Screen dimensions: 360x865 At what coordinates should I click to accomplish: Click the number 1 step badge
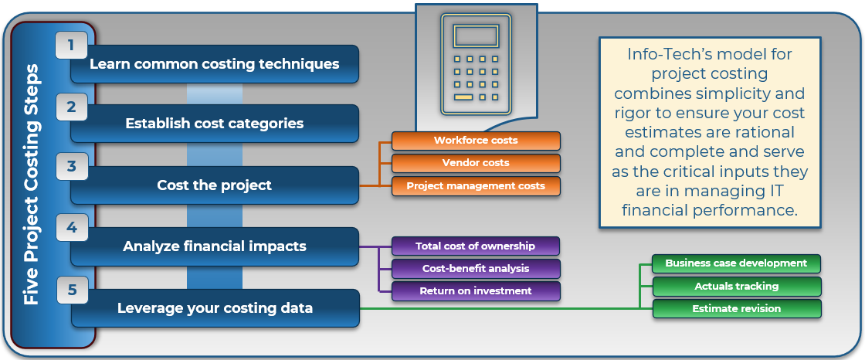pyautogui.click(x=71, y=46)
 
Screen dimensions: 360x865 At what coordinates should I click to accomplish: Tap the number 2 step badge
pyautogui.click(x=71, y=107)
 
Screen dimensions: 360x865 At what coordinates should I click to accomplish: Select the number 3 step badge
pyautogui.click(x=71, y=166)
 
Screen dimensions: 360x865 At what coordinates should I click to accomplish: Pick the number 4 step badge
pyautogui.click(x=71, y=228)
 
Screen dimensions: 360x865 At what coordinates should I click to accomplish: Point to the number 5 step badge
pyautogui.click(x=71, y=290)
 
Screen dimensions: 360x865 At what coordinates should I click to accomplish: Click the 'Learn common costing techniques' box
pyautogui.click(x=215, y=64)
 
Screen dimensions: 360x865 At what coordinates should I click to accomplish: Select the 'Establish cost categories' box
pyautogui.click(x=215, y=124)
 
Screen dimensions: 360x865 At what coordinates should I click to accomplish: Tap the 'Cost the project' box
pyautogui.click(x=215, y=185)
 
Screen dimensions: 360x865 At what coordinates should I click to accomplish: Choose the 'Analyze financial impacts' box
pyautogui.click(x=215, y=246)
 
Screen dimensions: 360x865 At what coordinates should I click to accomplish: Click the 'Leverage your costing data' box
pyautogui.click(x=215, y=308)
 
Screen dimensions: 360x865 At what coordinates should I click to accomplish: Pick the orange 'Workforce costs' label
pyautogui.click(x=476, y=141)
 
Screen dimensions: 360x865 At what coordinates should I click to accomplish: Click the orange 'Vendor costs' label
pyautogui.click(x=476, y=163)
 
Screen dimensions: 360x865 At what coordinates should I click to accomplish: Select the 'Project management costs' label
pyautogui.click(x=476, y=185)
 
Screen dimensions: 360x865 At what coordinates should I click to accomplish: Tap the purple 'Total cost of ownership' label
pyautogui.click(x=475, y=246)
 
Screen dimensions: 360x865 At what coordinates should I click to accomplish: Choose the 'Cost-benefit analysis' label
pyautogui.click(x=475, y=269)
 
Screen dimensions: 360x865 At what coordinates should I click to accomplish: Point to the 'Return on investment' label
pyautogui.click(x=475, y=291)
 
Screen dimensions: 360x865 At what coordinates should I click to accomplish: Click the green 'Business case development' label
pyautogui.click(x=736, y=263)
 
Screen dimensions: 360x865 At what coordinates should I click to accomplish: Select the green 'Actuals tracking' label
pyautogui.click(x=736, y=286)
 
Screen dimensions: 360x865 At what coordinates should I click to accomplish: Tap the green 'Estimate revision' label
pyautogui.click(x=736, y=308)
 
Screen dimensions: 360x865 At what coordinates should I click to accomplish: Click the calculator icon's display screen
pyautogui.click(x=476, y=36)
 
